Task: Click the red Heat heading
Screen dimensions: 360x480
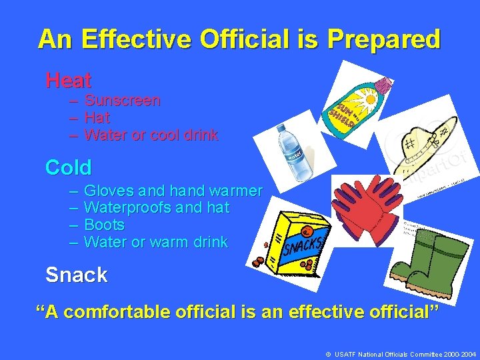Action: coord(68,81)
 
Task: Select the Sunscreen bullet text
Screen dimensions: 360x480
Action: coord(122,101)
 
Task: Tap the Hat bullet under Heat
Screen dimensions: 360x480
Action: coord(97,118)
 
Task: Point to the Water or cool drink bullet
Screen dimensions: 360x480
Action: coord(151,135)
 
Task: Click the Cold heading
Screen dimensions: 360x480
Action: coord(68,167)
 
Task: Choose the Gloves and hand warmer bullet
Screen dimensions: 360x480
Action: coord(173,191)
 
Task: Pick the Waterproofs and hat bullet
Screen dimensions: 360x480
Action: coord(157,208)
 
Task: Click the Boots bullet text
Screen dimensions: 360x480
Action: coord(105,225)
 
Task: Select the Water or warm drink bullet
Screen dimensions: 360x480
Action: coord(156,242)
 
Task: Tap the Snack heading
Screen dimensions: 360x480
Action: coord(76,275)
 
